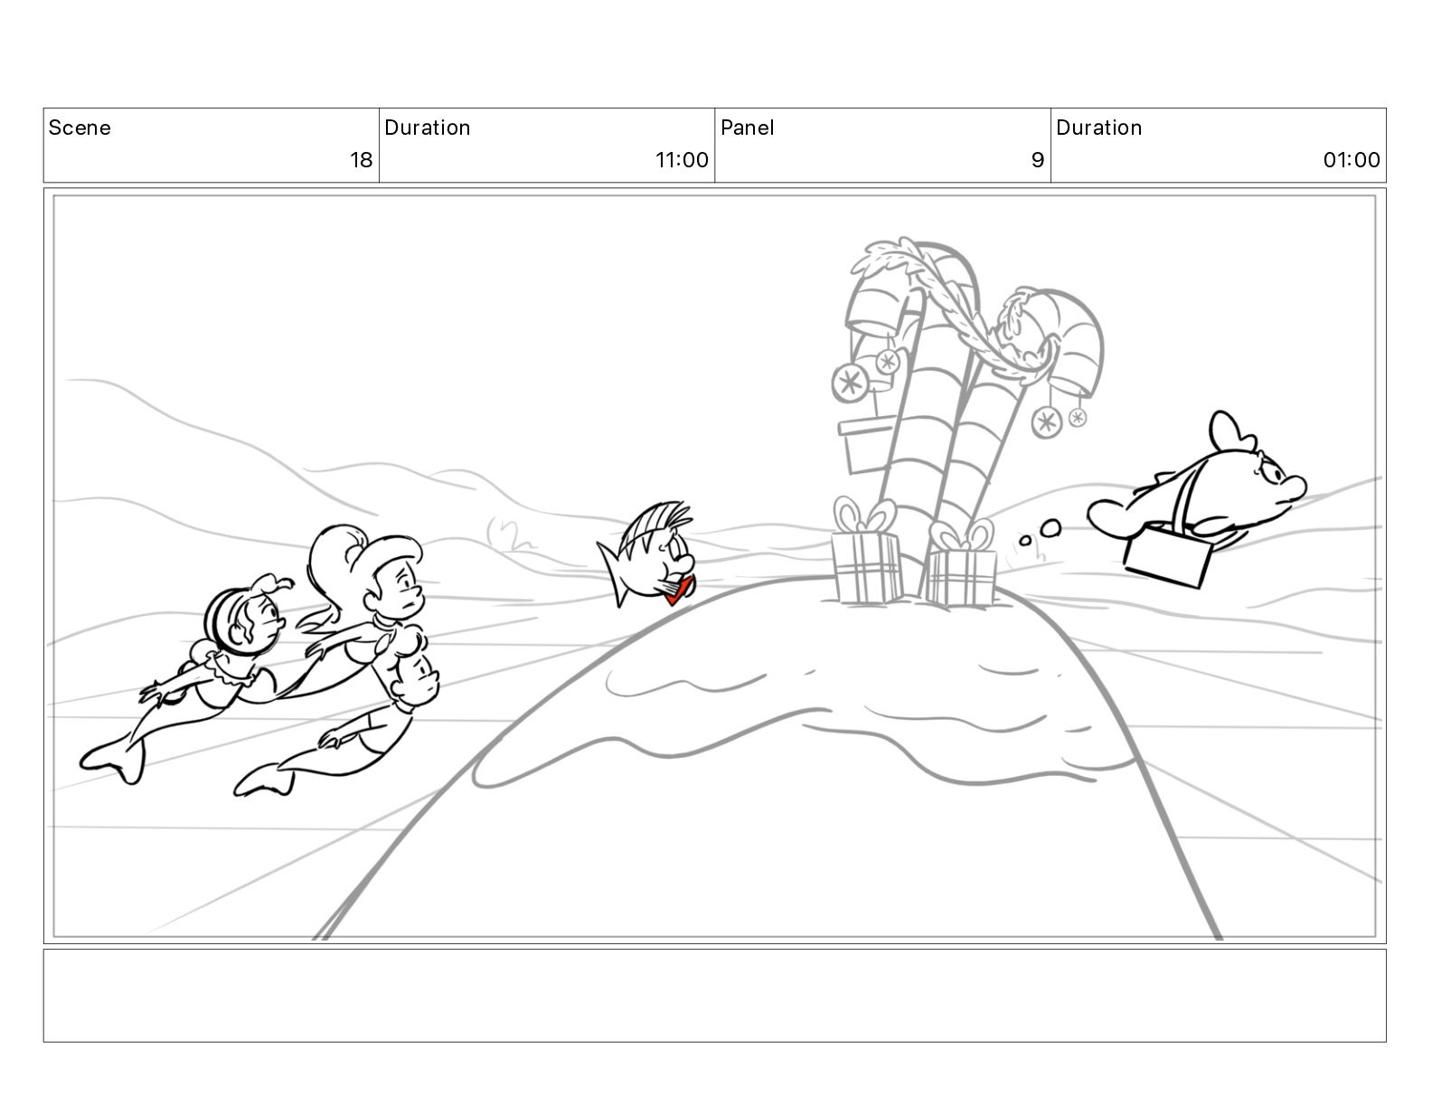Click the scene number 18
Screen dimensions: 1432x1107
(x=361, y=160)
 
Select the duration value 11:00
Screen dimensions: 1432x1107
(x=682, y=160)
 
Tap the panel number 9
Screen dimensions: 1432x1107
(x=1037, y=160)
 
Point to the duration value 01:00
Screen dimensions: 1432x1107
(x=1351, y=160)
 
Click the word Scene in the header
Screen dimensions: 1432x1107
(x=79, y=128)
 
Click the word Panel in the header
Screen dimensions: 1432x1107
(x=747, y=128)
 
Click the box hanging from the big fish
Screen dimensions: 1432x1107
(x=1168, y=554)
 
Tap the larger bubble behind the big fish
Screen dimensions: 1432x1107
(x=1050, y=527)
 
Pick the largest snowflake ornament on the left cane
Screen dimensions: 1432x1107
(x=850, y=383)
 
